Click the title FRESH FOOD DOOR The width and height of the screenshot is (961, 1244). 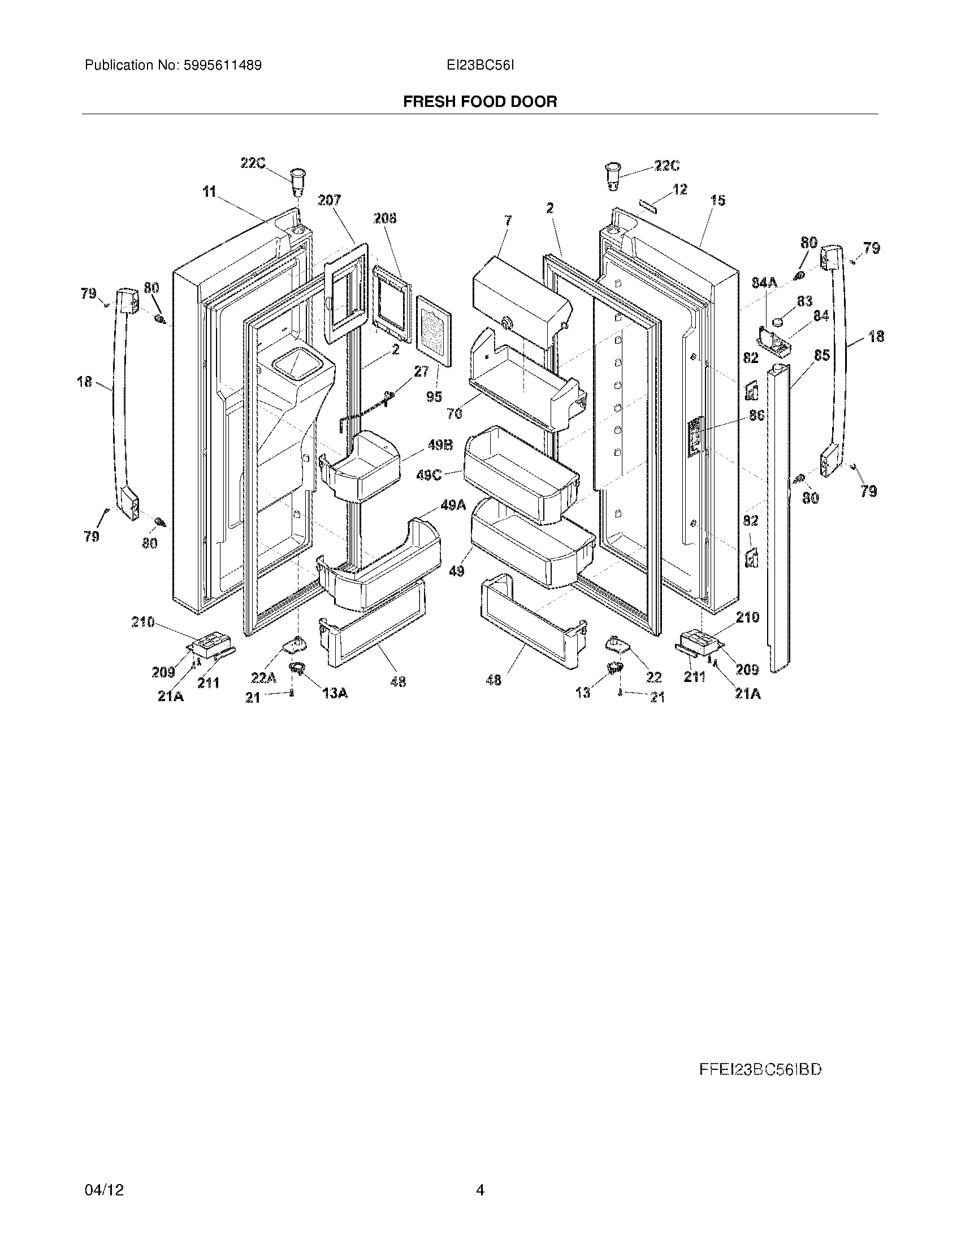point(480,102)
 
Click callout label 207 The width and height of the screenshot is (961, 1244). point(329,200)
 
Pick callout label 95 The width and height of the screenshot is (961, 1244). point(434,396)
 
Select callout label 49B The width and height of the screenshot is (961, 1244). point(440,446)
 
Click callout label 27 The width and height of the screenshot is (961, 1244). point(421,372)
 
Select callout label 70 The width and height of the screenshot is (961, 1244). point(454,414)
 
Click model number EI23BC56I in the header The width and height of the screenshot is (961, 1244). point(480,66)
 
